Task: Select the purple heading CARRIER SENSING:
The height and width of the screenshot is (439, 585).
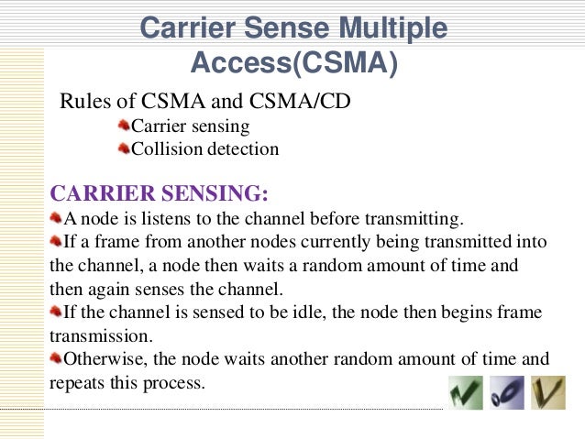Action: point(160,194)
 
